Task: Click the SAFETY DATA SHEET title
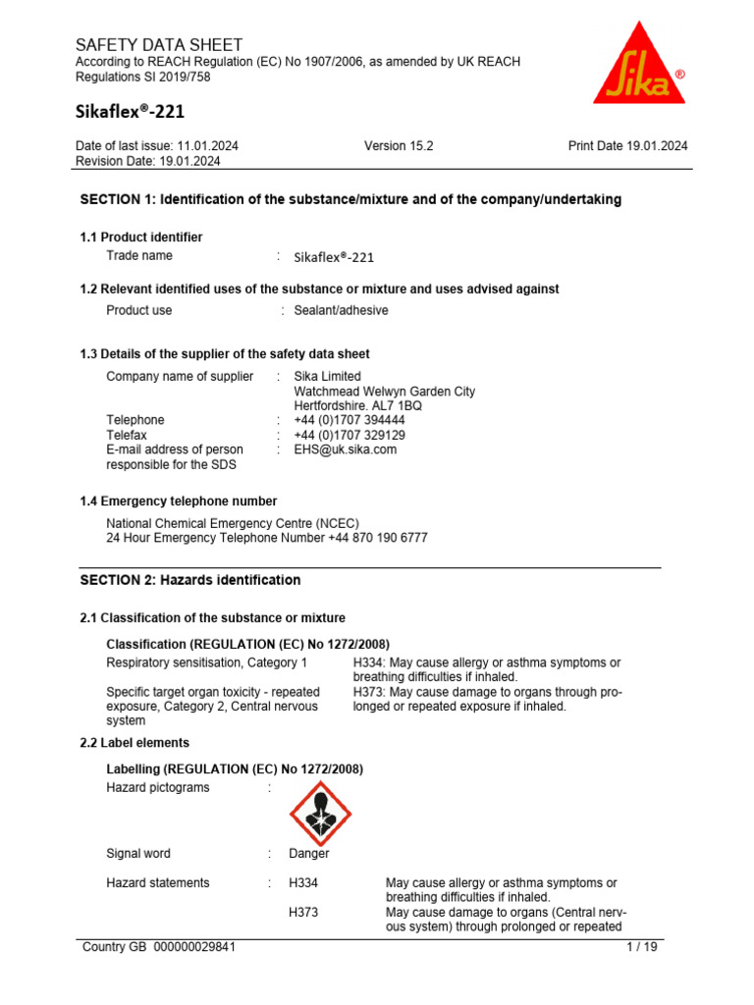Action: [158, 45]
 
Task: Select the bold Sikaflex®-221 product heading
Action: [130, 112]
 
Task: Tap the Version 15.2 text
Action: [399, 146]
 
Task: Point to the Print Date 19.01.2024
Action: [627, 146]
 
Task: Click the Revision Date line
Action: [147, 161]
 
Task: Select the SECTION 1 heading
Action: [350, 199]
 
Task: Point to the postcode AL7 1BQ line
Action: [358, 405]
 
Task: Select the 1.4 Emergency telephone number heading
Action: [178, 502]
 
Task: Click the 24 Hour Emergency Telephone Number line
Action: [266, 538]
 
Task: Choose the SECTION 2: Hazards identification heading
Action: [189, 580]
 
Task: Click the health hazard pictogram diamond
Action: [320, 813]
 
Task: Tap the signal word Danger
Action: [309, 854]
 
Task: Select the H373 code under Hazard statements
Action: [303, 912]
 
